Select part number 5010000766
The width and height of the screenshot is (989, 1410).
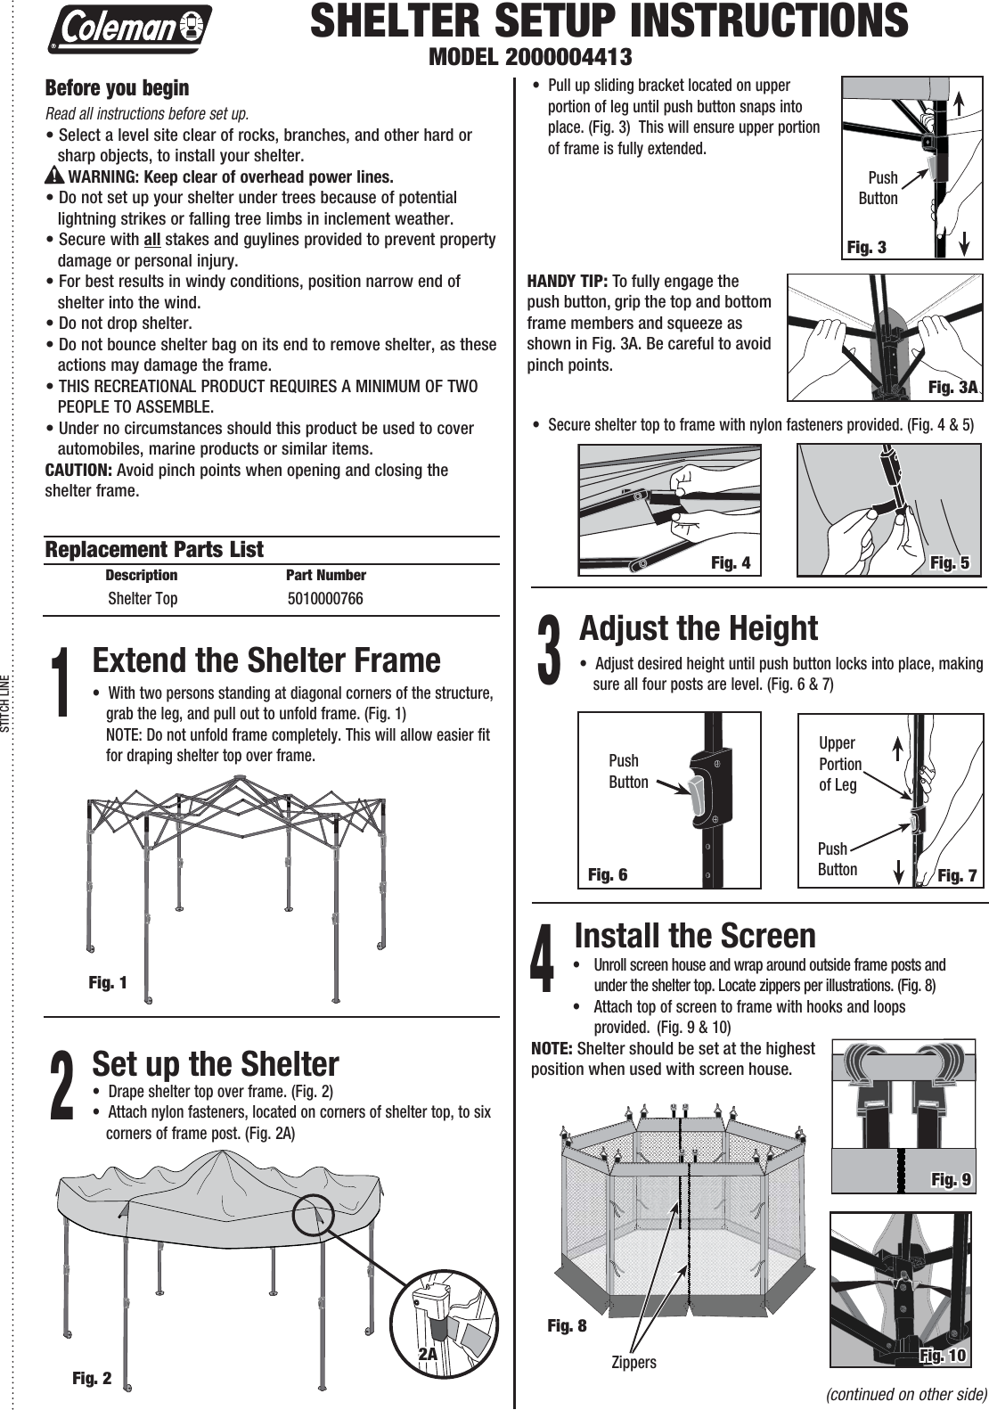[325, 599]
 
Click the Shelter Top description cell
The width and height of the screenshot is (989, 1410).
[143, 599]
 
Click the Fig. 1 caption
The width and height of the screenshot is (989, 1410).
[108, 982]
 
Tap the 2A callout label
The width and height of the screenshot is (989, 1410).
[429, 1353]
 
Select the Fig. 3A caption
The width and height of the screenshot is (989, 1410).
[952, 387]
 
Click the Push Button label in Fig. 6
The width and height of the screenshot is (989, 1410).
[627, 771]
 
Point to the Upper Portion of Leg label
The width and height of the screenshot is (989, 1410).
[839, 764]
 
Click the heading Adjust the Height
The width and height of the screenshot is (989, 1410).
[699, 628]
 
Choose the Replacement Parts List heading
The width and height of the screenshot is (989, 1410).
[154, 550]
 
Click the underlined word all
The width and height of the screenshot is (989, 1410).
[151, 240]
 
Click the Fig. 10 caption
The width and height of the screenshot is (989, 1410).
[943, 1356]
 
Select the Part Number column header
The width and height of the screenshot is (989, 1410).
[325, 575]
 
